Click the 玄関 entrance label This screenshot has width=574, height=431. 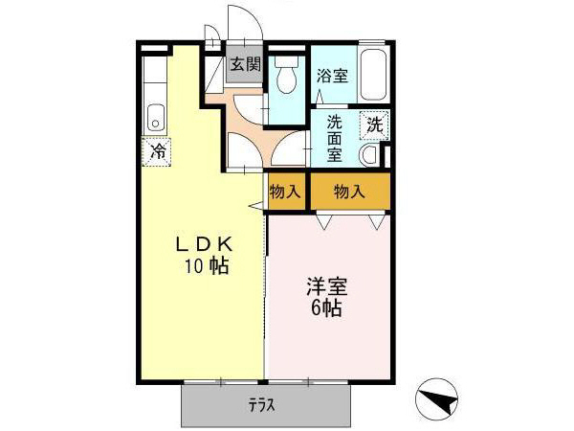click(245, 65)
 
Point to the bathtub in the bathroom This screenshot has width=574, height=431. click(373, 73)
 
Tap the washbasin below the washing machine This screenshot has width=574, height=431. click(370, 155)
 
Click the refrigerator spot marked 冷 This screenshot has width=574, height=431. click(157, 150)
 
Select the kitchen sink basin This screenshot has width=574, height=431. click(156, 120)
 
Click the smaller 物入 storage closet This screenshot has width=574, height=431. click(285, 191)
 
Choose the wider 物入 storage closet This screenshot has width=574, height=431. click(349, 191)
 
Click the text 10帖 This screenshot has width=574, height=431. click(206, 265)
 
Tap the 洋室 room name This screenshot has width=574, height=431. click(326, 285)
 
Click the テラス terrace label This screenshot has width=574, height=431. click(263, 405)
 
